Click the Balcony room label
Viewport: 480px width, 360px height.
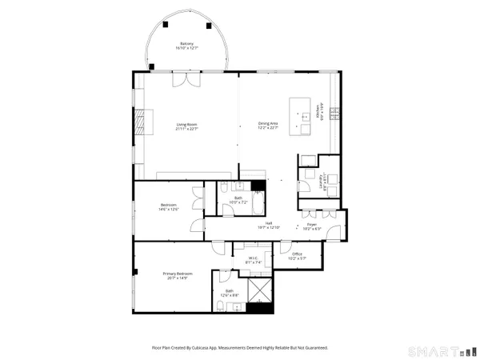click(x=186, y=46)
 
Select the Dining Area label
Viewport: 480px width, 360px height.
click(x=268, y=124)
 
